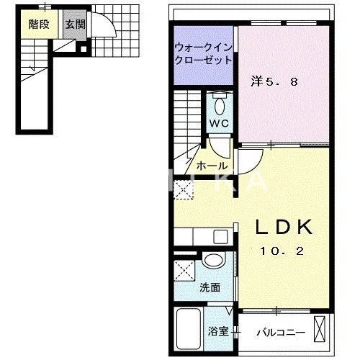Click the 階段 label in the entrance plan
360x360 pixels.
[38, 24]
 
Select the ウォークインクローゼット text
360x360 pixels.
[202, 53]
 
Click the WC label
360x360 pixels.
[219, 123]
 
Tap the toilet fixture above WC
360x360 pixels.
[220, 103]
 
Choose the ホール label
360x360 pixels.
[212, 165]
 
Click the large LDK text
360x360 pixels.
[285, 228]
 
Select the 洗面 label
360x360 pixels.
[210, 287]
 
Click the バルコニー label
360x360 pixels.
[282, 333]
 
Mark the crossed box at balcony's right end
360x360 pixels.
[323, 330]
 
